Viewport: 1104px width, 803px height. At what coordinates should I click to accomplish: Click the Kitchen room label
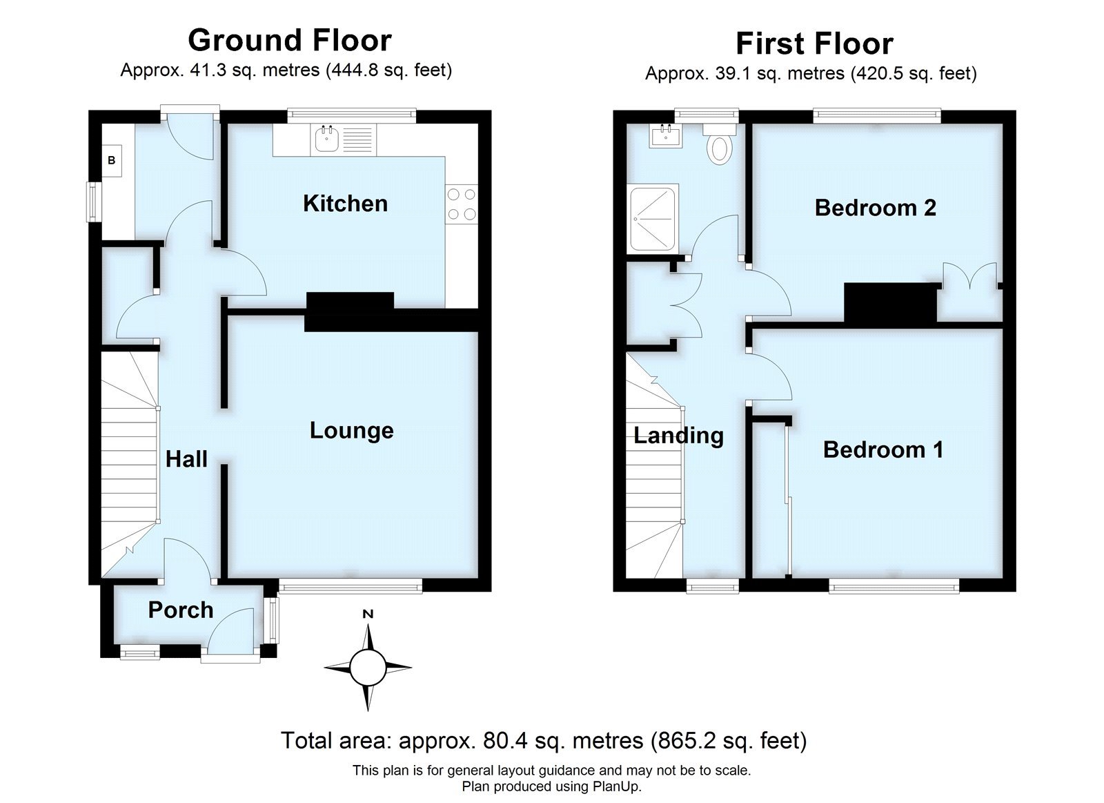click(345, 204)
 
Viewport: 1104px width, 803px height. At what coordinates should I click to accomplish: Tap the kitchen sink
click(326, 140)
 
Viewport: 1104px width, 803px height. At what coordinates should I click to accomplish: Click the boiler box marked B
click(112, 161)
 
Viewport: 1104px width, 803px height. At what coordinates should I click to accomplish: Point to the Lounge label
click(351, 431)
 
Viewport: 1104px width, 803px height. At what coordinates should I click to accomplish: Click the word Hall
click(186, 459)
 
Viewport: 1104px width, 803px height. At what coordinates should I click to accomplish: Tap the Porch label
click(181, 610)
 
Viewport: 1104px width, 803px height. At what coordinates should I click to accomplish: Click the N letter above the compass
click(368, 614)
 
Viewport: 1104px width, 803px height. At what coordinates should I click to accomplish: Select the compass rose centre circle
click(367, 667)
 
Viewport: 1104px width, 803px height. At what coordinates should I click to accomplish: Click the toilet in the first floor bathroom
click(720, 147)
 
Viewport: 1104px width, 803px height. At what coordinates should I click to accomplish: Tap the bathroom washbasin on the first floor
click(666, 136)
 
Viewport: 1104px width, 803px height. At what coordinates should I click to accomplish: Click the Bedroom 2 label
click(875, 208)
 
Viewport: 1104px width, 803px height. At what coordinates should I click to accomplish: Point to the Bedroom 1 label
click(883, 450)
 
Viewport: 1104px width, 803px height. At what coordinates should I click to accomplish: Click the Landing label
click(678, 436)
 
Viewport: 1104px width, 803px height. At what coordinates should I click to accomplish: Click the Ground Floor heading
click(289, 40)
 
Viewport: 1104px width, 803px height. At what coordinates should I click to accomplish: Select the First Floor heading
click(814, 43)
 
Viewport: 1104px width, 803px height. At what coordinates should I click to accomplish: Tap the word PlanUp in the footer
click(618, 786)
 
